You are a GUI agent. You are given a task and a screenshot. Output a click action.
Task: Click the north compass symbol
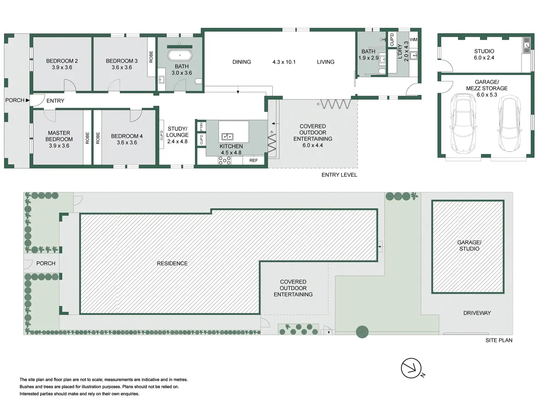coord(411,368)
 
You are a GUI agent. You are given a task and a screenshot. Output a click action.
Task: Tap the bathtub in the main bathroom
coord(180,55)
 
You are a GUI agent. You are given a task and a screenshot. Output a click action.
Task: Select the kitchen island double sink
coord(227,136)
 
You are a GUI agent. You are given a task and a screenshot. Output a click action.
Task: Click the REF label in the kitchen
coord(254,160)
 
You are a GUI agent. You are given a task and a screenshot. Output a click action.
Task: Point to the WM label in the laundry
coord(413,39)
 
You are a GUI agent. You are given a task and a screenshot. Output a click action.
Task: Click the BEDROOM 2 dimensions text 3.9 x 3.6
coord(62,67)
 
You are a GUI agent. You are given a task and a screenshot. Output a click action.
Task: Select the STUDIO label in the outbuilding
coord(484,51)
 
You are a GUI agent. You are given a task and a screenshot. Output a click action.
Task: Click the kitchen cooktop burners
coord(224,160)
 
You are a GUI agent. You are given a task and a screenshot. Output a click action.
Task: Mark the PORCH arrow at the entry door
coord(27,100)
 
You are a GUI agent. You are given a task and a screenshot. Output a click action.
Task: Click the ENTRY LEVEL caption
coord(339,175)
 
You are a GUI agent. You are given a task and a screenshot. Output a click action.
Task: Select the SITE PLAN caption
coord(499,340)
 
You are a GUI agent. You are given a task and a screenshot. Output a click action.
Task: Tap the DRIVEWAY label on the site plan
coord(477,313)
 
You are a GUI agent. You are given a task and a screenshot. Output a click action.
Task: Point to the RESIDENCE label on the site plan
coord(172,264)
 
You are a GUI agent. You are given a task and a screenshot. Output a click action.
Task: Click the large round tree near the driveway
coord(362,332)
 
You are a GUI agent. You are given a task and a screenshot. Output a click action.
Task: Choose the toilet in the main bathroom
coord(199,81)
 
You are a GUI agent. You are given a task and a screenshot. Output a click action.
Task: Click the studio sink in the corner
coord(526,45)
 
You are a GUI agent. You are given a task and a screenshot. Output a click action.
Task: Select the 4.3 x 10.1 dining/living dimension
coord(284,62)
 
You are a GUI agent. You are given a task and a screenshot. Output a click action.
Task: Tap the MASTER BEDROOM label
coord(59,136)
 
